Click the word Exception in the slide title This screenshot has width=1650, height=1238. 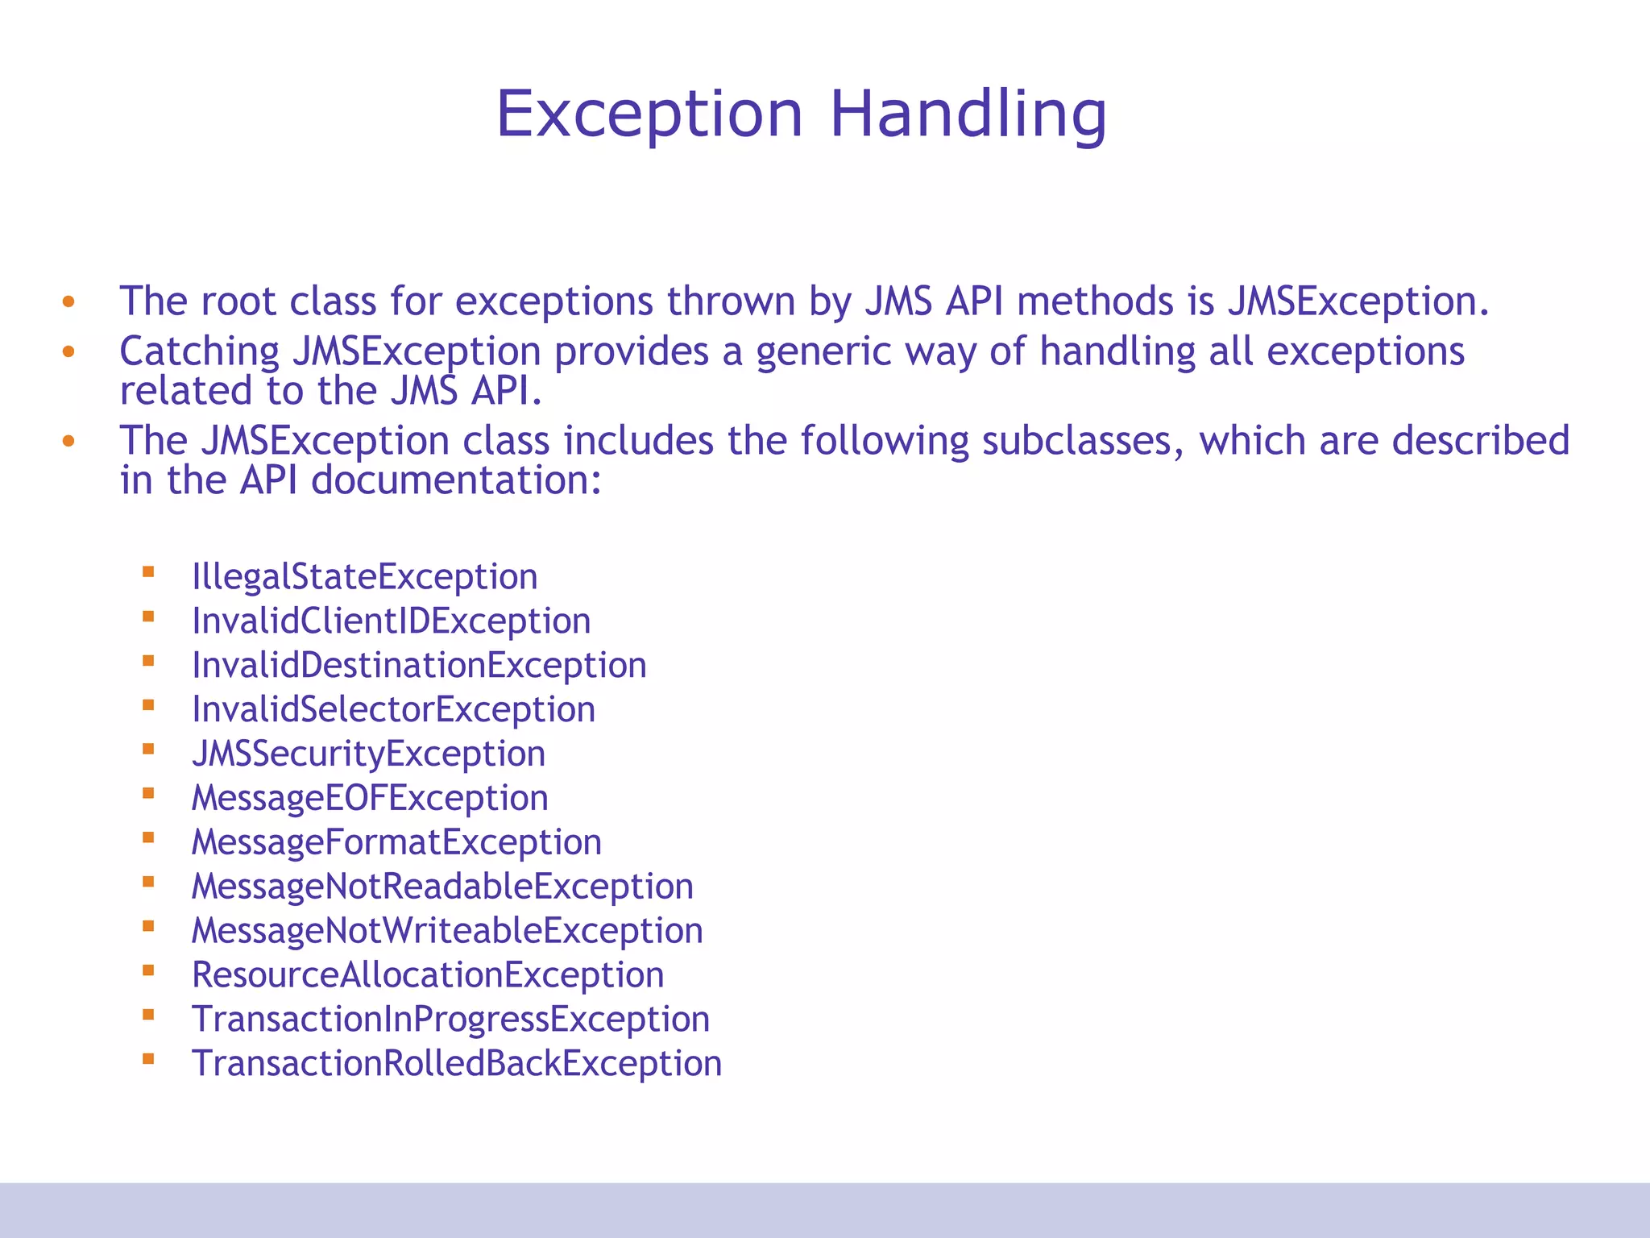(x=649, y=114)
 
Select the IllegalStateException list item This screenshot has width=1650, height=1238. (x=364, y=577)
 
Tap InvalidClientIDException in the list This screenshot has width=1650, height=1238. (x=391, y=621)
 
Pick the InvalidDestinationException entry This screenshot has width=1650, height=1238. (x=419, y=666)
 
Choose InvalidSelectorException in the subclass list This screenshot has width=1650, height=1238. (x=393, y=710)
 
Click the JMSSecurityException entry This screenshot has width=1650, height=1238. (x=368, y=754)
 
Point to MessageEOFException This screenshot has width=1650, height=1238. (x=370, y=799)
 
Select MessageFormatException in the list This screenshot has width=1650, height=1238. (x=396, y=843)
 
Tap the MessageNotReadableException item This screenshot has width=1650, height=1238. (x=442, y=887)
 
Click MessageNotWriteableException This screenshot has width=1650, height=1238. (x=447, y=932)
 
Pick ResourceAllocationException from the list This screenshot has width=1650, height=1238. (x=428, y=976)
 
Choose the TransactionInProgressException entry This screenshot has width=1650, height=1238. (x=450, y=1020)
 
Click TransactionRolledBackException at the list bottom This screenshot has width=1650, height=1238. (x=456, y=1065)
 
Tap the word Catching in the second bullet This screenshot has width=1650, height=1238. (x=199, y=352)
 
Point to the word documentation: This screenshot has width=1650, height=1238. (x=456, y=481)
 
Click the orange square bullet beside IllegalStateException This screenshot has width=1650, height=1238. (x=148, y=572)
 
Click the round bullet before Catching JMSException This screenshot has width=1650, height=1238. (x=68, y=352)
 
